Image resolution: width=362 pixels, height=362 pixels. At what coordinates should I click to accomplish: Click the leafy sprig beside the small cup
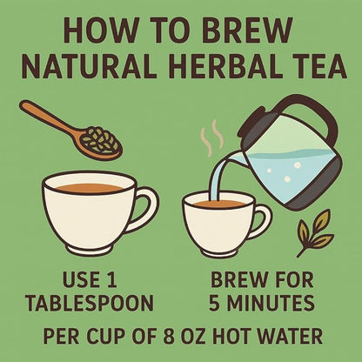314,231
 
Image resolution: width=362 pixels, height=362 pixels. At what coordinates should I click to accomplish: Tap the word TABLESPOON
90,305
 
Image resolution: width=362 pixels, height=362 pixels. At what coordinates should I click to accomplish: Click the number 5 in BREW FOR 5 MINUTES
217,305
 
